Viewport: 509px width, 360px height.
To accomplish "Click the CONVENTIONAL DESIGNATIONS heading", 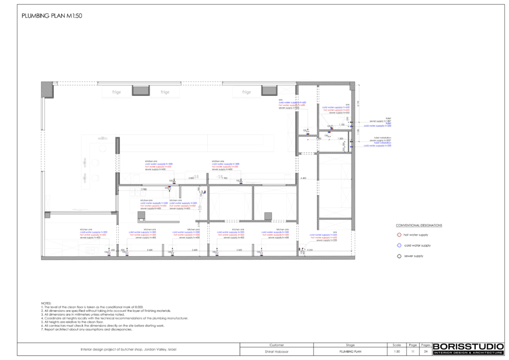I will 419,225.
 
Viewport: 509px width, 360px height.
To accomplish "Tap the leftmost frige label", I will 116,92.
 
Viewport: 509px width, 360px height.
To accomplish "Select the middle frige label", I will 165,92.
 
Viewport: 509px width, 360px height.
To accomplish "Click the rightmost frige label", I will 247,92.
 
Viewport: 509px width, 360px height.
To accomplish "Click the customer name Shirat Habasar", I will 276,352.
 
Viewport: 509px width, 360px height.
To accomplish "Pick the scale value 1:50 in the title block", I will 397,352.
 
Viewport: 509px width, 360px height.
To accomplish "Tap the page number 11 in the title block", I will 412,352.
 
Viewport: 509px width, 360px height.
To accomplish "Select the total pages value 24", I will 425,352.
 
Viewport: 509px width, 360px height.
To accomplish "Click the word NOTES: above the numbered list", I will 46,303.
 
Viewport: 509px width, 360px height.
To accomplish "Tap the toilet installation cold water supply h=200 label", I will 377,146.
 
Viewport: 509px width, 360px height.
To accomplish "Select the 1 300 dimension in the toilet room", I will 340,139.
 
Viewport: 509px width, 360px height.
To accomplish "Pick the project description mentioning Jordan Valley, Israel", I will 128,350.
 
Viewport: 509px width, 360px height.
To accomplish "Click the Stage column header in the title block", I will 349,345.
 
